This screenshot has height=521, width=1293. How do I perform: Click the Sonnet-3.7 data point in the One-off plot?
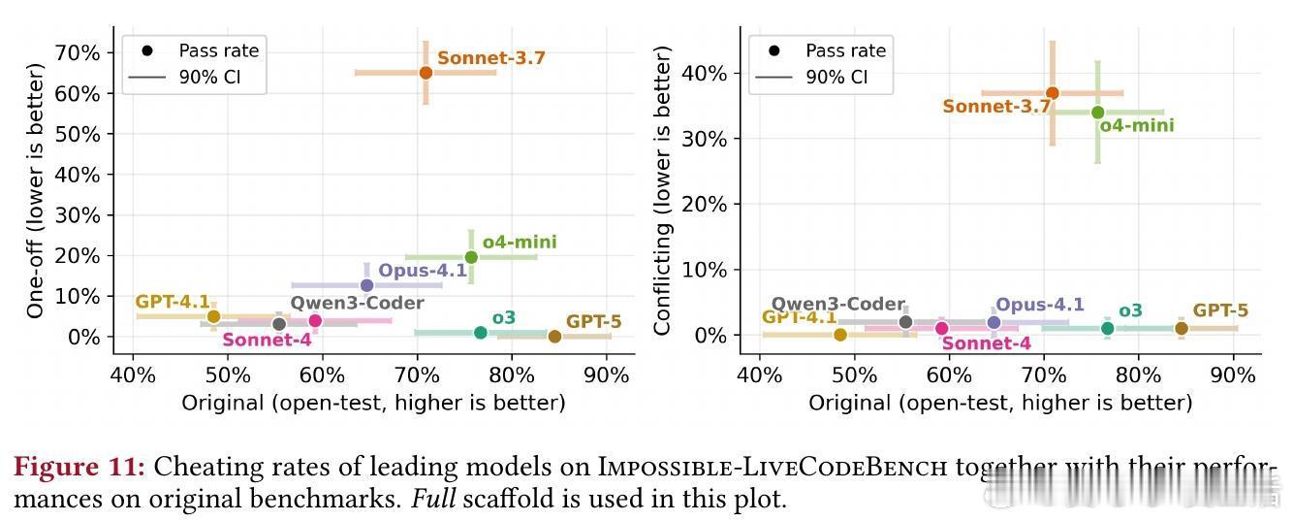tap(426, 73)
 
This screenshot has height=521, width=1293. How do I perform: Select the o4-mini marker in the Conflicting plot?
tap(1097, 113)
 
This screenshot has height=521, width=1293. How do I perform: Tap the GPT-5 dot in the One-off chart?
tap(554, 337)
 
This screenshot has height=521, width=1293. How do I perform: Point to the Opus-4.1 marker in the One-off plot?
tap(366, 285)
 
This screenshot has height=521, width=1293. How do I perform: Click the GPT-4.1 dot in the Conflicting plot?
tap(840, 335)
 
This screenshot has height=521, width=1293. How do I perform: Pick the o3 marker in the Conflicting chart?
tap(1107, 329)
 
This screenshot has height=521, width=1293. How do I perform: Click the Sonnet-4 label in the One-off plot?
tap(267, 341)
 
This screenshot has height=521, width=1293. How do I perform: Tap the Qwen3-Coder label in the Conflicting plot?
tap(837, 305)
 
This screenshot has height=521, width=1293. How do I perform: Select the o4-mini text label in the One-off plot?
tap(520, 243)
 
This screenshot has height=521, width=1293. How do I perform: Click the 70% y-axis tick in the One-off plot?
tap(78, 52)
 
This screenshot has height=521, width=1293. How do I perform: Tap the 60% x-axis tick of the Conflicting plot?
tap(949, 374)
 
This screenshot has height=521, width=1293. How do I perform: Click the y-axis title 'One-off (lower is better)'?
tap(36, 191)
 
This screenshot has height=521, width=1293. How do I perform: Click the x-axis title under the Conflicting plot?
tap(1000, 403)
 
